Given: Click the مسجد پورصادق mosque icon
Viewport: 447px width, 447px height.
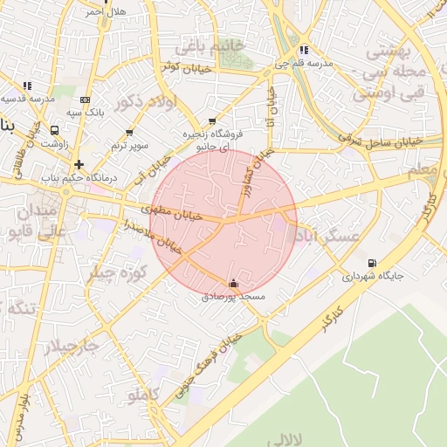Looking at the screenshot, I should pyautogui.click(x=233, y=284).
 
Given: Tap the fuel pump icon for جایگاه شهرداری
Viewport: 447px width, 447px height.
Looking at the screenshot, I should pyautogui.click(x=373, y=263).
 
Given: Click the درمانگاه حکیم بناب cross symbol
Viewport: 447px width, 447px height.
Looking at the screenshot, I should pyautogui.click(x=79, y=163).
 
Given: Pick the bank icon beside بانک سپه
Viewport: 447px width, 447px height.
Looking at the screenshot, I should pyautogui.click(x=85, y=100).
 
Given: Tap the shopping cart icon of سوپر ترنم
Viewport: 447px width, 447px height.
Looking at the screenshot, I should pyautogui.click(x=129, y=132).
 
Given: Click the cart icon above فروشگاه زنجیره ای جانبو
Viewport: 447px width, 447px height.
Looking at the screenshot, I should pyautogui.click(x=212, y=122).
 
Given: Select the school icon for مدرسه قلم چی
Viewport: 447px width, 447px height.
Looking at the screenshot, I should pyautogui.click(x=303, y=51).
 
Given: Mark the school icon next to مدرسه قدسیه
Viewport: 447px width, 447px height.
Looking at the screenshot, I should pyautogui.click(x=27, y=86).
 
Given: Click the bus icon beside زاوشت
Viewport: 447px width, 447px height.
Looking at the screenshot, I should pyautogui.click(x=56, y=129).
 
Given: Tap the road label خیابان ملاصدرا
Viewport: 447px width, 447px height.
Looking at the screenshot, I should pyautogui.click(x=155, y=236).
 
